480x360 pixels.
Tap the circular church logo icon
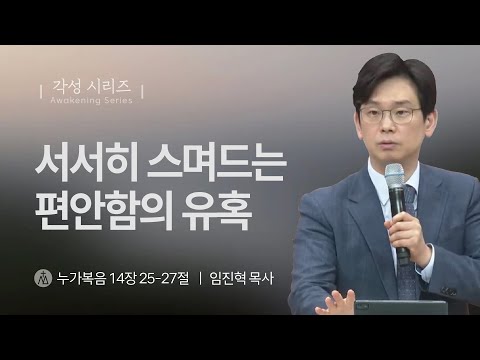pos(42,276)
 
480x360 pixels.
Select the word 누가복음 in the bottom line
pos(85,276)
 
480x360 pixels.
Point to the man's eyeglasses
pos(387,113)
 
